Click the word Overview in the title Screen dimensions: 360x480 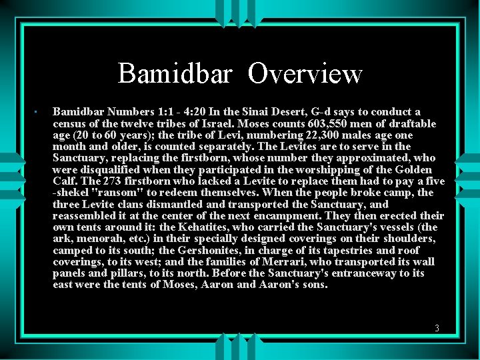pyautogui.click(x=305, y=73)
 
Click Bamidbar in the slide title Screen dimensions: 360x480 pyautogui.click(x=175, y=73)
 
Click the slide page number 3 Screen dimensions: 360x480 pyautogui.click(x=437, y=328)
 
